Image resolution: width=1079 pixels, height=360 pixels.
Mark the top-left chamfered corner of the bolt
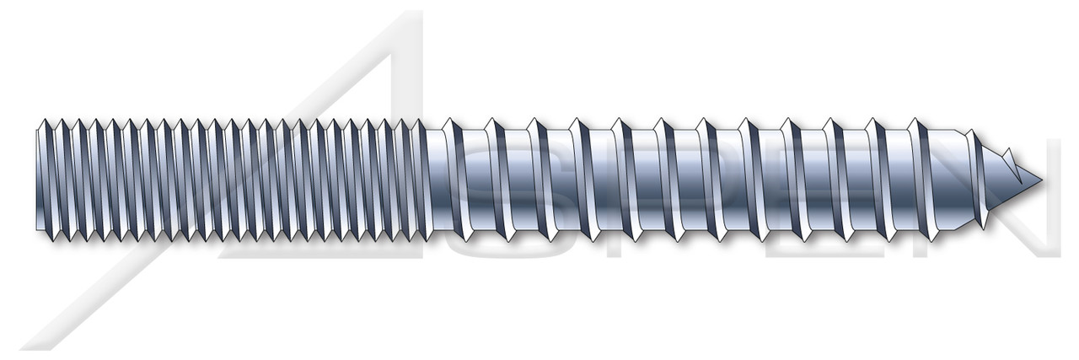click(x=40, y=126)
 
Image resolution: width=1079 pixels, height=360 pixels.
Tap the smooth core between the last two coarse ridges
click(x=903, y=179)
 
